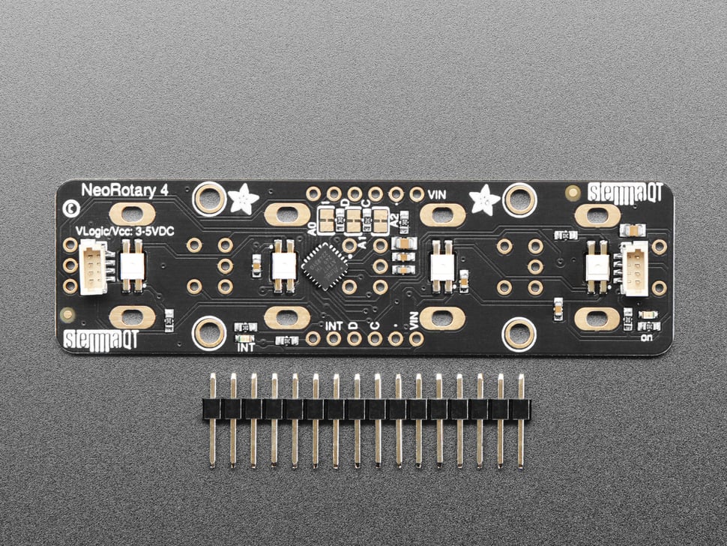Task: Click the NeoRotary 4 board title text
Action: [124, 190]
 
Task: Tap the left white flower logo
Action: [244, 199]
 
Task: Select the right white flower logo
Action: [484, 199]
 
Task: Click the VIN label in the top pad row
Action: [437, 194]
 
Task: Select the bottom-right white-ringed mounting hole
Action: [519, 332]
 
